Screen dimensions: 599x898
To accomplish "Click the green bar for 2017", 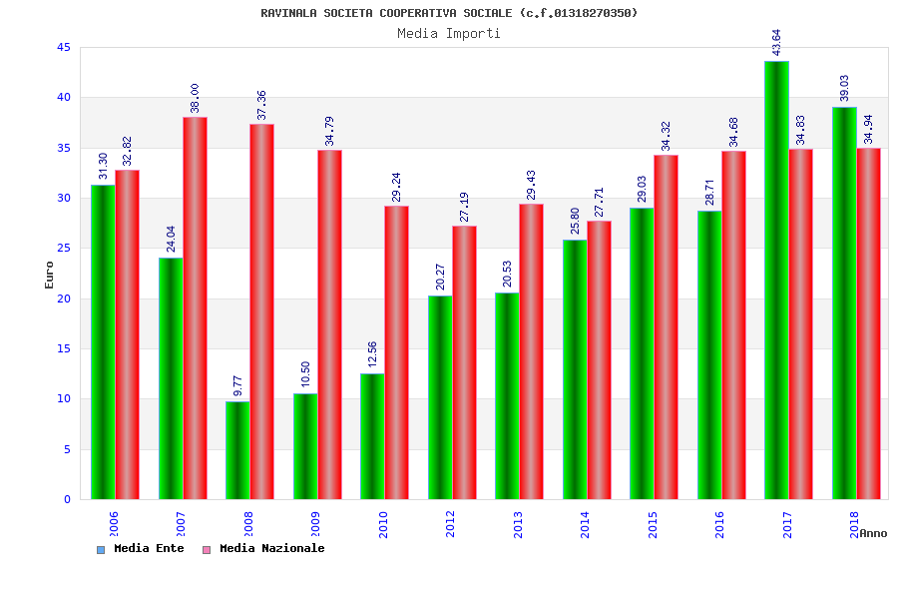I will click(x=776, y=280).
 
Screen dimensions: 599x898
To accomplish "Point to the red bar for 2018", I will click(x=868, y=323).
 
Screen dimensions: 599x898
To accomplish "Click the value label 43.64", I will click(x=776, y=42).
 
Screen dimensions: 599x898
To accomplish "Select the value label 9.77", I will click(x=237, y=385).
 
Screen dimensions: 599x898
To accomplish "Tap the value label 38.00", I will click(x=195, y=98).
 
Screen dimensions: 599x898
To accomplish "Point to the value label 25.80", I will click(x=574, y=221).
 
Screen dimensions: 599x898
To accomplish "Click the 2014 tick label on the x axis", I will click(x=586, y=524).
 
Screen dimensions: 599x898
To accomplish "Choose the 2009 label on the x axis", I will click(x=315, y=524).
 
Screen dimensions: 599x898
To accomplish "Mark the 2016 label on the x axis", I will click(x=720, y=524).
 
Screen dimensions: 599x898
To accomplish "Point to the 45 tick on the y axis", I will click(x=64, y=48).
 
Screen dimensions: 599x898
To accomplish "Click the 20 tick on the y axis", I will click(x=64, y=299).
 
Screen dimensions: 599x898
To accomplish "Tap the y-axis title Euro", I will click(x=49, y=275).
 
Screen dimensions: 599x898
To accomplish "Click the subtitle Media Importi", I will click(x=449, y=33).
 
